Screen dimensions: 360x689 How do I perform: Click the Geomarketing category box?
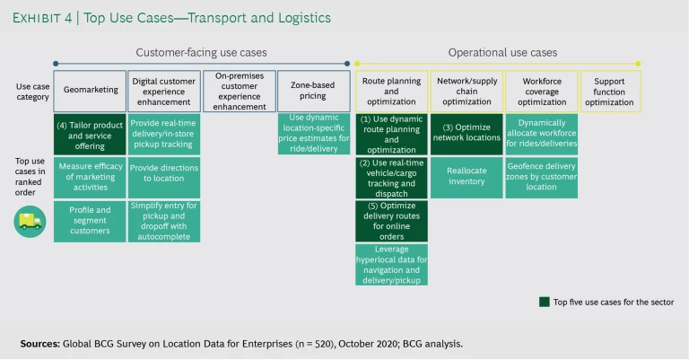(x=90, y=91)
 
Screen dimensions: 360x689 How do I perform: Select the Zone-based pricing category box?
(x=313, y=91)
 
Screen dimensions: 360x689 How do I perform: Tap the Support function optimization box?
(x=610, y=91)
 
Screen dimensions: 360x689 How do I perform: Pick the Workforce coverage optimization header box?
(x=542, y=91)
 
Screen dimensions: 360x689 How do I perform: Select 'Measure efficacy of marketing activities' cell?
(x=90, y=177)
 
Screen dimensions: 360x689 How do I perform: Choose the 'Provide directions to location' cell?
(x=163, y=177)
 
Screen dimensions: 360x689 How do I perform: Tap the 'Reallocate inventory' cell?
(x=467, y=177)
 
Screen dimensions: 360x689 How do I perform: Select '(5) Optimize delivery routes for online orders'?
(x=391, y=221)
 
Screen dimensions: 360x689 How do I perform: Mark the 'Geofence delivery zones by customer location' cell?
(x=542, y=177)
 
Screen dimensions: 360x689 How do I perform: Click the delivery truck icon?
(x=30, y=220)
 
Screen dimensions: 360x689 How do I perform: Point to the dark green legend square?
(x=544, y=302)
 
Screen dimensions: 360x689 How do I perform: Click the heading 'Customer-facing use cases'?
(x=201, y=52)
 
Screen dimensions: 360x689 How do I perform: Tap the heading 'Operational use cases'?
(x=502, y=52)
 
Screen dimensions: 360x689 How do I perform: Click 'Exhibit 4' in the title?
(x=43, y=17)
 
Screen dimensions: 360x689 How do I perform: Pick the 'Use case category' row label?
(x=32, y=92)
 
